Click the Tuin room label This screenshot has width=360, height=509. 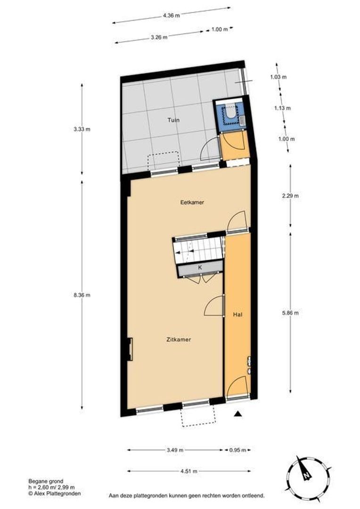click(174, 120)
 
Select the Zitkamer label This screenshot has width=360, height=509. click(178, 339)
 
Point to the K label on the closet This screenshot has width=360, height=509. click(200, 267)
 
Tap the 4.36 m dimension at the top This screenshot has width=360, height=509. click(172, 15)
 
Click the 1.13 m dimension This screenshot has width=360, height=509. click(283, 108)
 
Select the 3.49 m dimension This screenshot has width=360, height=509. click(175, 450)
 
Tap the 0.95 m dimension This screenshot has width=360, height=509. click(238, 450)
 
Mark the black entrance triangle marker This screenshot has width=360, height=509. click(238, 414)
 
